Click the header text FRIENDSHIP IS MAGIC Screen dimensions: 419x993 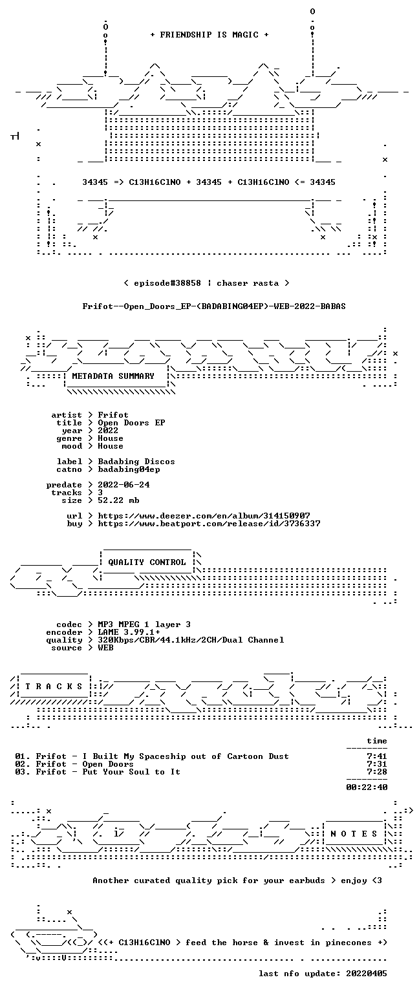(x=209, y=34)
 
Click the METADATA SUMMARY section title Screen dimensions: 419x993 (x=113, y=376)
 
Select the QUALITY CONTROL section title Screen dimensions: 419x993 (x=147, y=562)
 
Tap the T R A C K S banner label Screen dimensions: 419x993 (x=54, y=686)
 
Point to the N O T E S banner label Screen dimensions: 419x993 (x=354, y=833)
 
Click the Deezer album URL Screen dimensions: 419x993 (x=204, y=515)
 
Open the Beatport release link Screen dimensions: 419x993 (x=209, y=524)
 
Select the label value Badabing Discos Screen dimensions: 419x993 (x=136, y=462)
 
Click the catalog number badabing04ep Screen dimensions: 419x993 (x=129, y=469)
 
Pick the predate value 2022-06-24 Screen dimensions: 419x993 (x=124, y=484)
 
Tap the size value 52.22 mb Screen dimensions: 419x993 (x=118, y=500)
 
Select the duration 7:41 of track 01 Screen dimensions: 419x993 (x=377, y=756)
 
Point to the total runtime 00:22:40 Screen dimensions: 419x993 (x=367, y=787)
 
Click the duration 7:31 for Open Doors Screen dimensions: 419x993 (x=377, y=763)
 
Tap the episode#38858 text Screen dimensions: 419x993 (x=167, y=283)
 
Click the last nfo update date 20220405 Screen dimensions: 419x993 (x=367, y=974)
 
